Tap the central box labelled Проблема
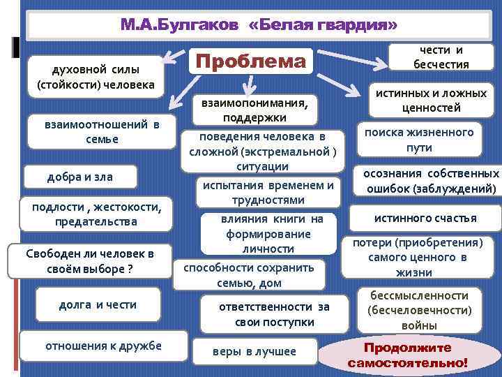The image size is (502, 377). tap(250, 61)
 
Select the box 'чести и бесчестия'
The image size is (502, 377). tap(440, 57)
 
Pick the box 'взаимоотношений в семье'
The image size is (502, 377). tap(101, 131)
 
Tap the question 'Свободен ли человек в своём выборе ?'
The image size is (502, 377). tap(88, 260)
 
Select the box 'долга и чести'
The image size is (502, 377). tap(98, 304)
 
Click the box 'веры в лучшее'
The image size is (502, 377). tap(254, 351)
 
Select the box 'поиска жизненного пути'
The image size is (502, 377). tap(418, 140)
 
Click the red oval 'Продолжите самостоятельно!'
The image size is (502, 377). tap(408, 355)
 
